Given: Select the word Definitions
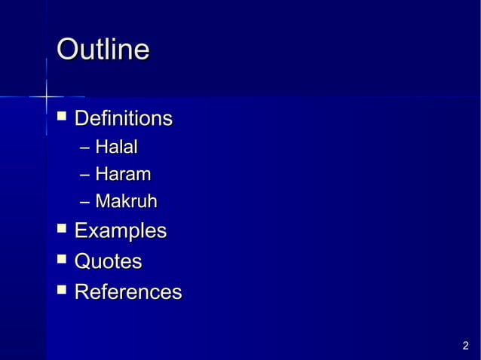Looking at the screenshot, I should [124, 118].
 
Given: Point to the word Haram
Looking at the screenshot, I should [122, 175].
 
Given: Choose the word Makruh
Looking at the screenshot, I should [126, 202].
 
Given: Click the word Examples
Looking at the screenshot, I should [121, 230].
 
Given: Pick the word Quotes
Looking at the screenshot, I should [108, 261].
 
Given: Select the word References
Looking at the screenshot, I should [128, 291].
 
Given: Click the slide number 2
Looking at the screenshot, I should [465, 346].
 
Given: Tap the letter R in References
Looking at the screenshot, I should [82, 291].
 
